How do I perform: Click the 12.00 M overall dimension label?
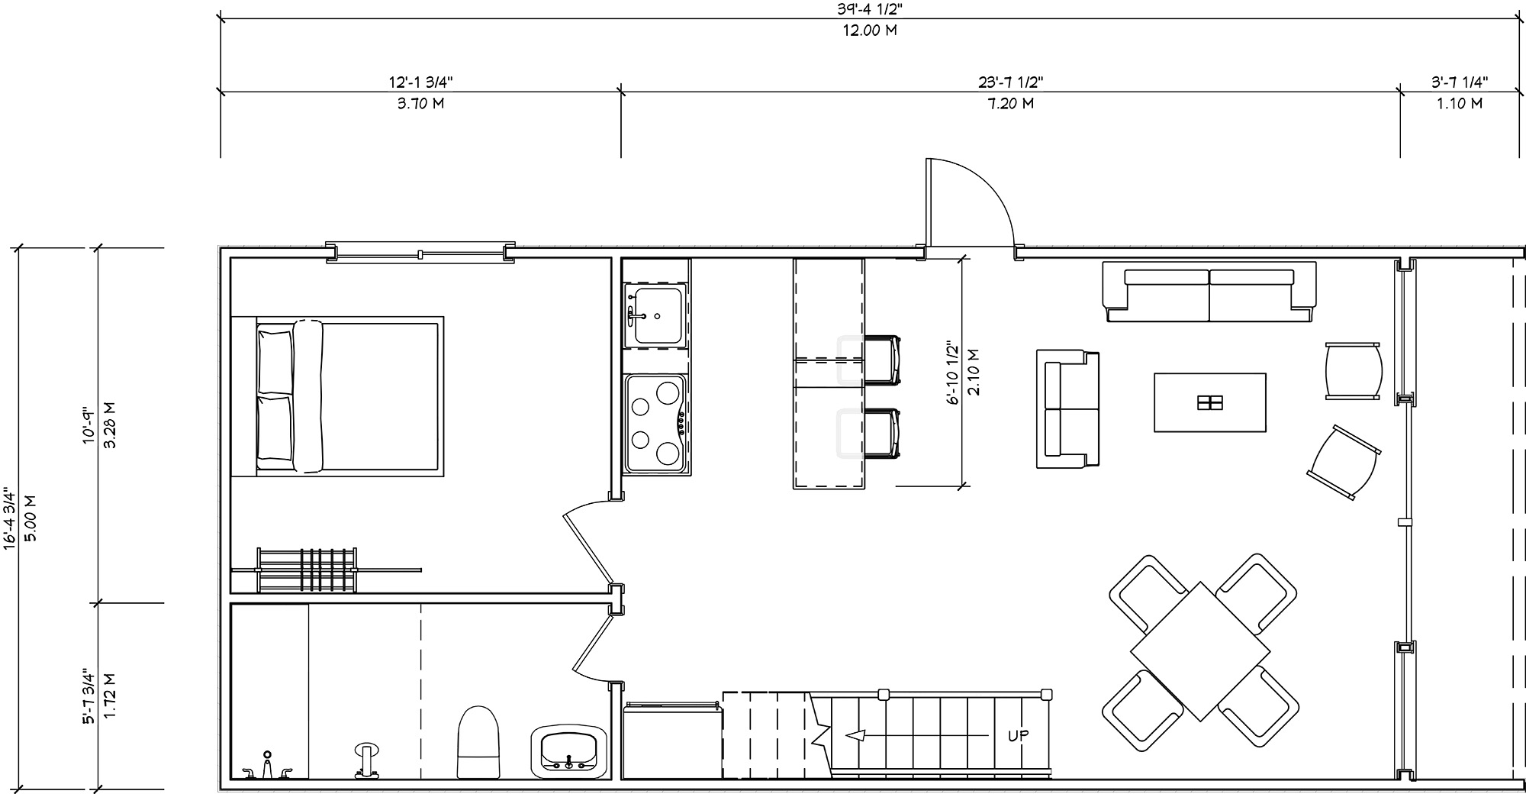click(x=869, y=31)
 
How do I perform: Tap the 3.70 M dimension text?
click(x=420, y=104)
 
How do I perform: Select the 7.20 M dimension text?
click(x=1011, y=104)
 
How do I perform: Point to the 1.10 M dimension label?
click(x=1460, y=104)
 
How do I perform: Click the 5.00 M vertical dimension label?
click(x=31, y=518)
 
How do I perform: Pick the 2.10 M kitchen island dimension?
click(x=973, y=372)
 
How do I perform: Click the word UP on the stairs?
click(x=1019, y=736)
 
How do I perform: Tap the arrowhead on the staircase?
click(x=856, y=736)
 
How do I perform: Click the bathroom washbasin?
click(x=569, y=750)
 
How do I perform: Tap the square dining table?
click(x=1200, y=651)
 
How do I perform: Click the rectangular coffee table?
click(x=1210, y=402)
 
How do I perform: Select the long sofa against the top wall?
click(x=1209, y=292)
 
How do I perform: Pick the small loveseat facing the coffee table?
click(x=1067, y=408)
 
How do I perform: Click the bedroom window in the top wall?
click(x=420, y=253)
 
